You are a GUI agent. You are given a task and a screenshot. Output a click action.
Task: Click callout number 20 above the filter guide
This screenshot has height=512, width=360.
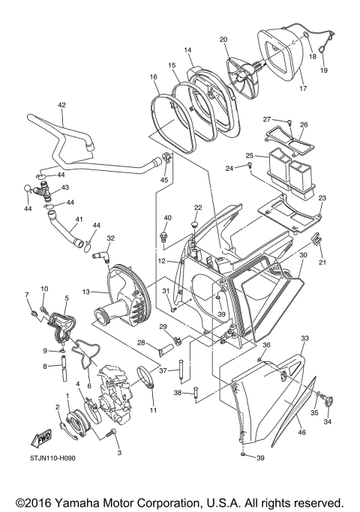pyautogui.click(x=223, y=39)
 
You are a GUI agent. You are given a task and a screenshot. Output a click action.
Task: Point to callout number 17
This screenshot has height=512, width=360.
pyautogui.click(x=303, y=88)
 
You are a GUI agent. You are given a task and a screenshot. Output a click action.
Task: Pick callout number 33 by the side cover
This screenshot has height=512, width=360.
pyautogui.click(x=304, y=339)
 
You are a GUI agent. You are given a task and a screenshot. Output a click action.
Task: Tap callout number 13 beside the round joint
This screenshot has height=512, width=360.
pyautogui.click(x=85, y=292)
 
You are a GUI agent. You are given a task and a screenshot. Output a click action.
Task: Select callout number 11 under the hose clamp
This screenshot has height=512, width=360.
pyautogui.click(x=154, y=410)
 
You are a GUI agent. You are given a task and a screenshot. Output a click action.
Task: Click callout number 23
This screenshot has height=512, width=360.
pyautogui.click(x=322, y=198)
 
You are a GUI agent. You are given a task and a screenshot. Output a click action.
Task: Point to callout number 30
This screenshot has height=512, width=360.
pyautogui.click(x=303, y=255)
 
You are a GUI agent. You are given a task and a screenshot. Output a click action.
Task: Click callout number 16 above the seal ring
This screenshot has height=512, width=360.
pyautogui.click(x=153, y=77)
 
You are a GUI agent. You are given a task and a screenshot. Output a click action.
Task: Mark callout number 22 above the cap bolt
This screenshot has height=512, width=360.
pyautogui.click(x=198, y=208)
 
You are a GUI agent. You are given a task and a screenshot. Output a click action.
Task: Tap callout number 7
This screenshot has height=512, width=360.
pyautogui.click(x=28, y=294)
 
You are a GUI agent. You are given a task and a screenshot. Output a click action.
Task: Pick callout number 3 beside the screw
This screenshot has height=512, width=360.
pyautogui.click(x=118, y=454)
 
